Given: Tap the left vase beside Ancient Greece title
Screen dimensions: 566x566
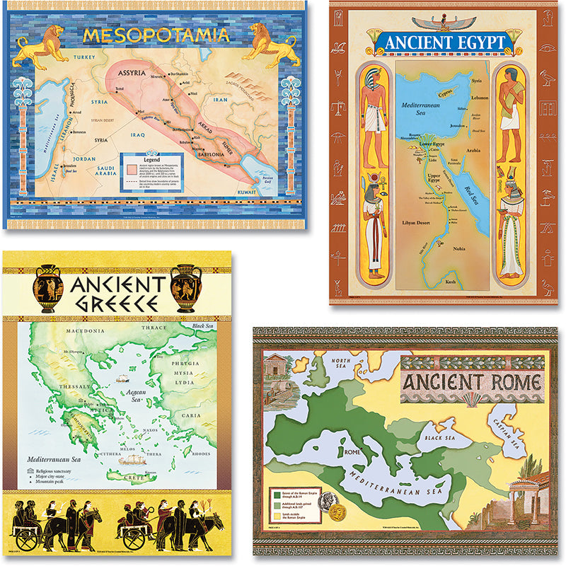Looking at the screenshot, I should click(x=47, y=288).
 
